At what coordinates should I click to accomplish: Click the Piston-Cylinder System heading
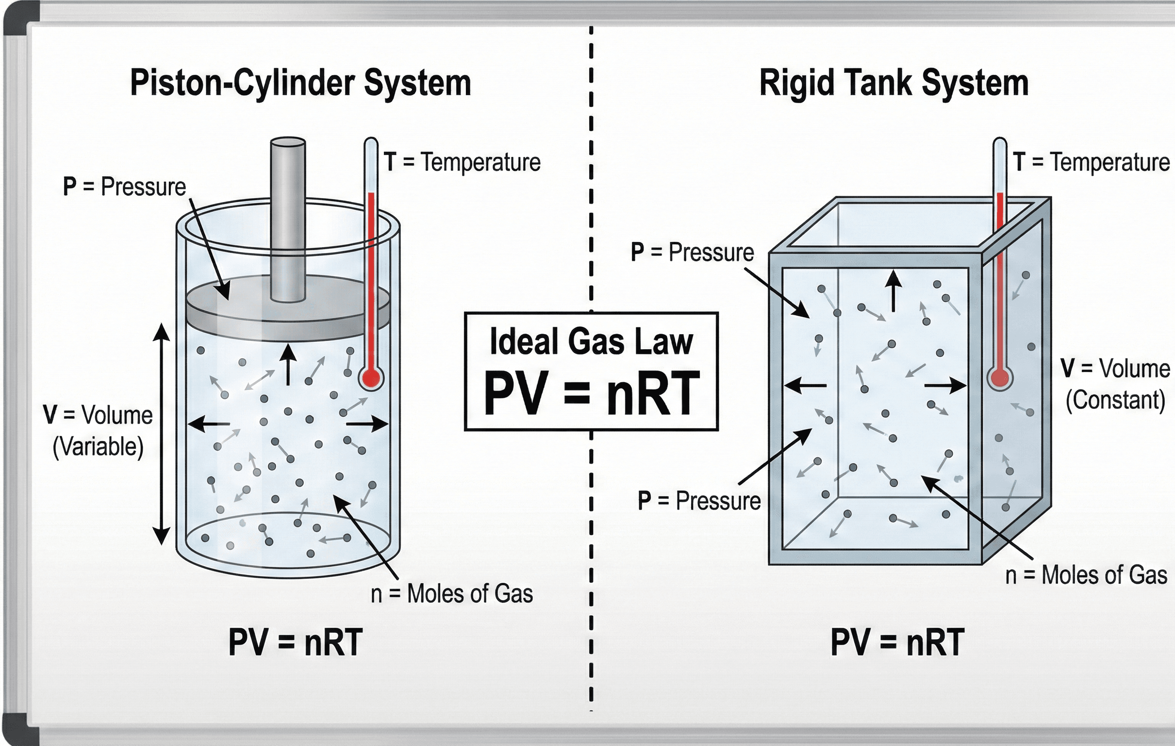click(300, 83)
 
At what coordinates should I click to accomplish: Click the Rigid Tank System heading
click(894, 83)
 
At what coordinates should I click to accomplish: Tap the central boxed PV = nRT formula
click(592, 393)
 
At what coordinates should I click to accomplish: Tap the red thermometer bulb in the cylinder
click(371, 377)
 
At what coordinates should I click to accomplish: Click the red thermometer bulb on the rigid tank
click(1000, 377)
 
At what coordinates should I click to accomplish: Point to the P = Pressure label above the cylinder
click(124, 186)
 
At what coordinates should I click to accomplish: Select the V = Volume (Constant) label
click(1115, 384)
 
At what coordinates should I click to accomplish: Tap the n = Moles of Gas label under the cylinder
click(452, 594)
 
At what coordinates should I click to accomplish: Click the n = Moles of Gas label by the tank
click(1086, 575)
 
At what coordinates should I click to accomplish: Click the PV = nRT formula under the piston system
click(296, 643)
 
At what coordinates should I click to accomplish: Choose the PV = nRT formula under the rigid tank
click(897, 643)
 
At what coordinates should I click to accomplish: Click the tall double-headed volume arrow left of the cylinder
click(162, 435)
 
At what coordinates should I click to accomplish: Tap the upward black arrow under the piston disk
click(288, 364)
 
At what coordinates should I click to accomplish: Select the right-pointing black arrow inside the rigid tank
click(945, 386)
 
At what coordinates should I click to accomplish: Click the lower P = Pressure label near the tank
click(699, 501)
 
